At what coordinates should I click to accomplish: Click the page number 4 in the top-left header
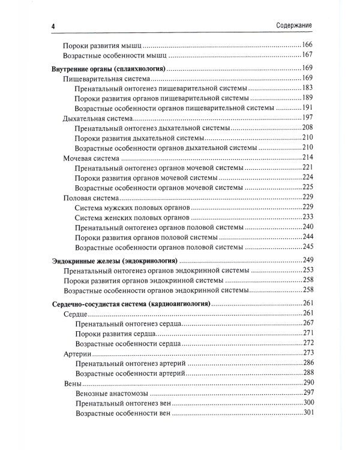point(54,26)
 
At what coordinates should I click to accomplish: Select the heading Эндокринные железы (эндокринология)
point(113,260)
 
